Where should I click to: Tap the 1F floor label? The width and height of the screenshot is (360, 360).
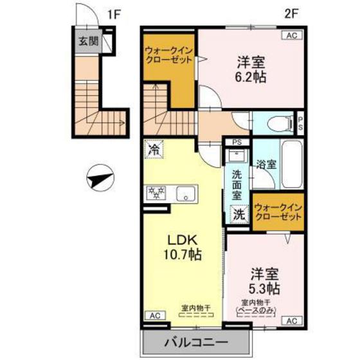click(113, 13)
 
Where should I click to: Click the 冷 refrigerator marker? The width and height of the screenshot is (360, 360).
click(154, 148)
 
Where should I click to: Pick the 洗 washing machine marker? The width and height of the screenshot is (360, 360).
click(238, 213)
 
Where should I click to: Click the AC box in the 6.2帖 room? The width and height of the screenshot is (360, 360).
click(290, 36)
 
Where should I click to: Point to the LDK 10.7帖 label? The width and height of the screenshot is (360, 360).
click(184, 248)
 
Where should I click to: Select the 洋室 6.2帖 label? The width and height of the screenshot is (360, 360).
click(251, 69)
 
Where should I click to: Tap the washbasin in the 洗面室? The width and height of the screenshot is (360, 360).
click(236, 156)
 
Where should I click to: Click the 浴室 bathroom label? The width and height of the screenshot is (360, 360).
click(266, 164)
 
